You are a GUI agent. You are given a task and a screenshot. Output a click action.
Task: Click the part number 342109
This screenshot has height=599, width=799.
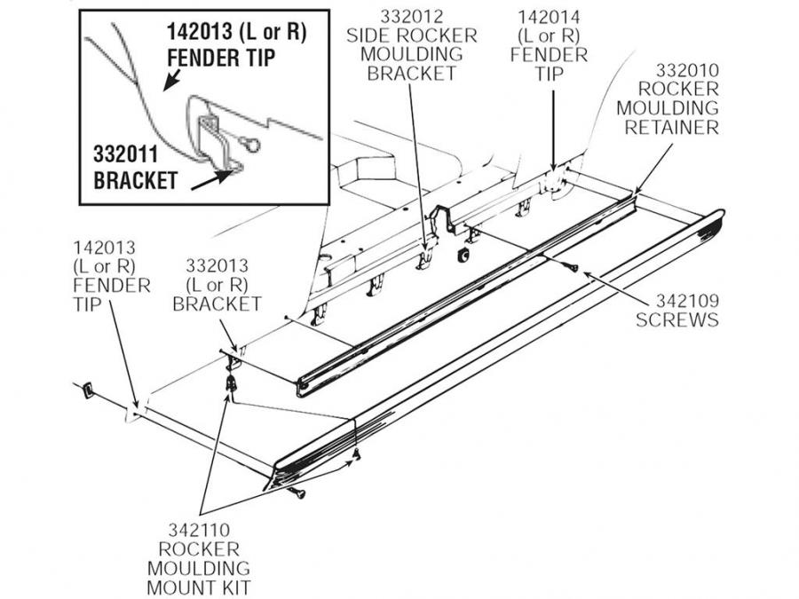676,301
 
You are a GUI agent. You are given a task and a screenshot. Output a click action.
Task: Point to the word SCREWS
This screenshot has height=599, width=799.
676,319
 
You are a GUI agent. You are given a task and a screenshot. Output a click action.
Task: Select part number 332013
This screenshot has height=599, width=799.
217,265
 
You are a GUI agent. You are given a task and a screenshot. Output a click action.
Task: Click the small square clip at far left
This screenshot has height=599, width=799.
88,389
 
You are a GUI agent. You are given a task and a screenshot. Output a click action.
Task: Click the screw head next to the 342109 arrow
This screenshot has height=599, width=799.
574,266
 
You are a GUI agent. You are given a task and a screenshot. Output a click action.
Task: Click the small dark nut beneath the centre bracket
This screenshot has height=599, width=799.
463,256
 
